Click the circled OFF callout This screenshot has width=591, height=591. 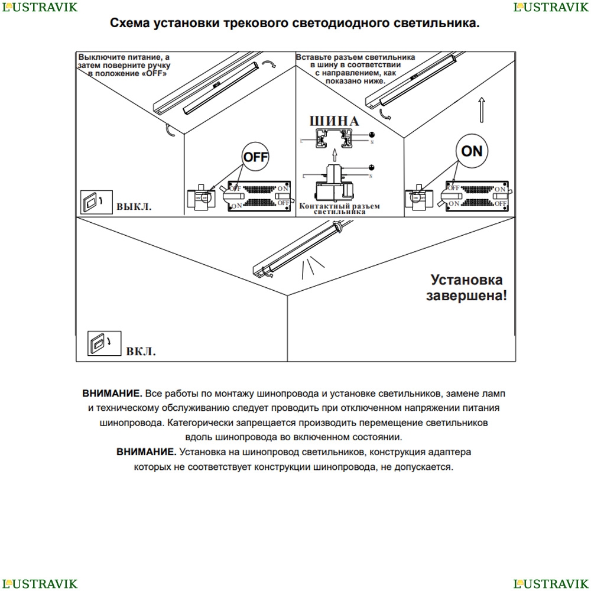point(256,157)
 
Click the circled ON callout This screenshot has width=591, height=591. point(472,151)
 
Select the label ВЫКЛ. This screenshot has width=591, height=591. point(134,207)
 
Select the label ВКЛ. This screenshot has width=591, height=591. point(141,352)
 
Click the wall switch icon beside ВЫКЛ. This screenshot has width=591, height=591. point(91,202)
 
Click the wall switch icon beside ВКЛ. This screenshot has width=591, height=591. point(99,342)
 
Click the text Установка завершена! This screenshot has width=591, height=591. point(466,287)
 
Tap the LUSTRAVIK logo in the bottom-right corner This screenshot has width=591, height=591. point(551,584)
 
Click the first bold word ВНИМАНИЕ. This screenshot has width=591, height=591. point(112,394)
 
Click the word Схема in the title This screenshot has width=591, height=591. point(129,24)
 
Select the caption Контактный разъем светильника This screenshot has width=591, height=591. point(339,208)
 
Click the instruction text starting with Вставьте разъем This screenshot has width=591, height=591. point(355,66)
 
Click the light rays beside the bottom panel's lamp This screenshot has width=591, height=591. point(311,268)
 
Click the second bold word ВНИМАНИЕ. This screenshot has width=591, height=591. point(146,452)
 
